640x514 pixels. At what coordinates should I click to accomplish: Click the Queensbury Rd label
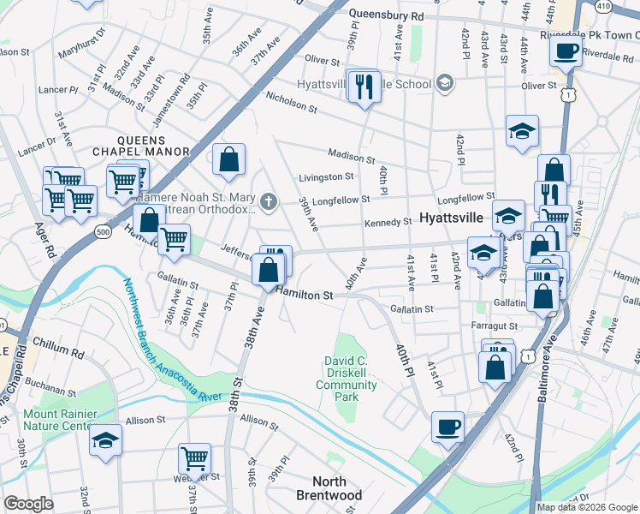tap(388, 16)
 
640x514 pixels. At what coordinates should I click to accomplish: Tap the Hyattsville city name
tap(453, 218)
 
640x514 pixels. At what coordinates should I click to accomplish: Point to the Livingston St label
tap(326, 177)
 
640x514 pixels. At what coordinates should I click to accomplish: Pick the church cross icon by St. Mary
tap(269, 203)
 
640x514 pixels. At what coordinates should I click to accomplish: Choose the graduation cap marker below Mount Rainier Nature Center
tap(105, 439)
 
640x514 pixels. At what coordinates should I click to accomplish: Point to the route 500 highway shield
tap(104, 231)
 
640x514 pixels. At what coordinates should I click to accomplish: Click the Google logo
tap(29, 503)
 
